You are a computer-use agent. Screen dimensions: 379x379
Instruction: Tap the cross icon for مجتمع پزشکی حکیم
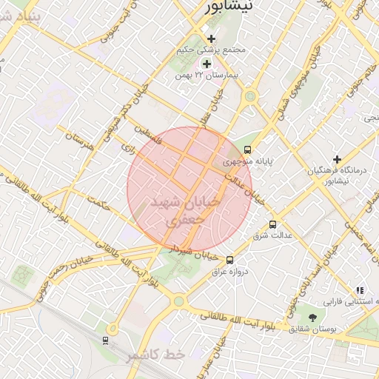211,38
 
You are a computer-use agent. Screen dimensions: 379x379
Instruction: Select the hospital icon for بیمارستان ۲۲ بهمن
206,64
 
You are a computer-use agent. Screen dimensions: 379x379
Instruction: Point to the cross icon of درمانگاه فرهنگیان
336,159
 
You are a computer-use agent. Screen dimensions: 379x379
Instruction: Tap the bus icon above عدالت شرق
273,224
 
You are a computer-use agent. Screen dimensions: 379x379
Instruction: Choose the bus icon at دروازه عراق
229,260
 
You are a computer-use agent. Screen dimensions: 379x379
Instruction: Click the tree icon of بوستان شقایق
314,316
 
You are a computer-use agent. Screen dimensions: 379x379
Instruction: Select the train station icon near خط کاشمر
105,340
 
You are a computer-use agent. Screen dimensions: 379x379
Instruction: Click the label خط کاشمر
154,356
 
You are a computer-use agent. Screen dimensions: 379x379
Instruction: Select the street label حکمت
96,204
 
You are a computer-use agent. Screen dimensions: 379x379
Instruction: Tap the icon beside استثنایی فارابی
359,290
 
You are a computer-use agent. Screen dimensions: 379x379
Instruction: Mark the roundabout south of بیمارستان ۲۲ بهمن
250,95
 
